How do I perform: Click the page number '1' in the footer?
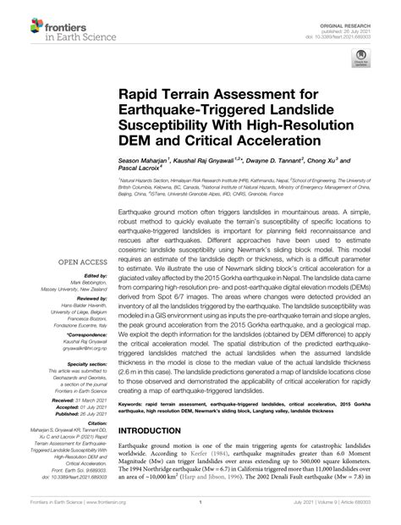(x=197, y=516)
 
